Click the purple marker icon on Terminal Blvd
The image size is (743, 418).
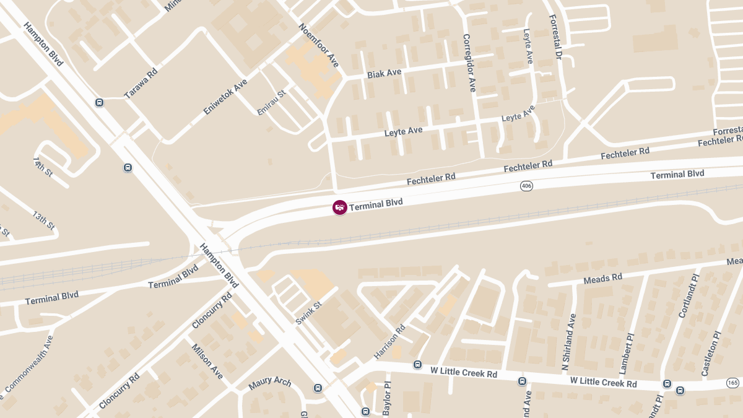pos(339,207)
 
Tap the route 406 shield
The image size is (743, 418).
pos(526,186)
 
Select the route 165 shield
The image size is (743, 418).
pos(734,383)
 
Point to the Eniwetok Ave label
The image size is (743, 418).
pos(225,97)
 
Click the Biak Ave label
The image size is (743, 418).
pos(384,73)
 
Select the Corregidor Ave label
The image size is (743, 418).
pos(469,63)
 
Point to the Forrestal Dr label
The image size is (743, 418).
pos(555,38)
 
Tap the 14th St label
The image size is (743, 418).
pos(43,167)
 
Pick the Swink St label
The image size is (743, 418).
pos(309,313)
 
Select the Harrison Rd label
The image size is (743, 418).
pos(389,342)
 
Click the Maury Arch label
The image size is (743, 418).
pos(270,382)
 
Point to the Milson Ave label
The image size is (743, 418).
pos(207,362)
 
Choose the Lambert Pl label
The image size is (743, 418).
pos(627,354)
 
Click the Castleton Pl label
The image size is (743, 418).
pos(711,354)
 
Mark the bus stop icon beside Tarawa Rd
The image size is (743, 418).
pos(99,102)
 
